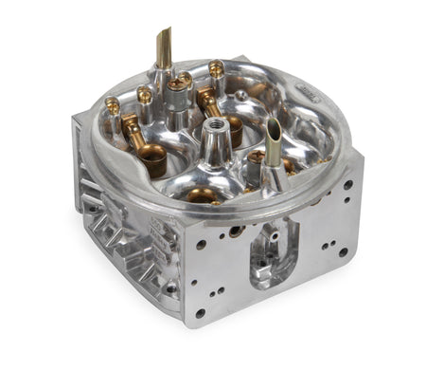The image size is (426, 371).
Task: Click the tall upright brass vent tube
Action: coord(164,47)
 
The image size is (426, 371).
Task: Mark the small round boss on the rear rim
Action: coord(243,95)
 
